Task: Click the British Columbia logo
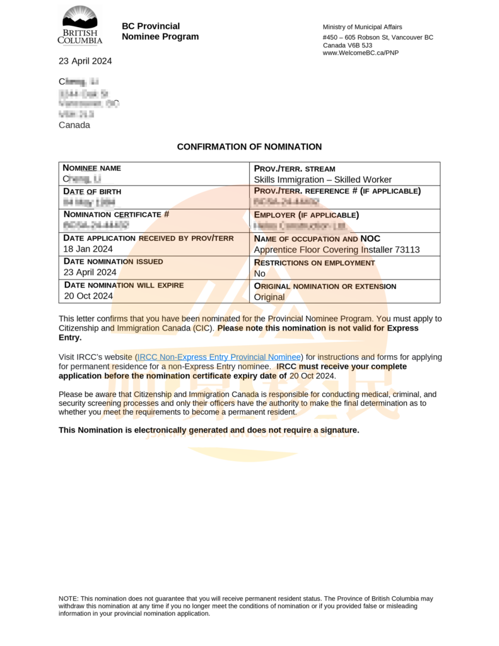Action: [x=80, y=25]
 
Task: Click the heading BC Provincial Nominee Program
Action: [x=160, y=32]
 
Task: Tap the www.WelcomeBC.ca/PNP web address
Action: [x=360, y=53]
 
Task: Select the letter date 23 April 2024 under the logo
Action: [x=85, y=61]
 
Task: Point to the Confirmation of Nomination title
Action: [x=249, y=147]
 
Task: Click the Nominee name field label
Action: [x=92, y=168]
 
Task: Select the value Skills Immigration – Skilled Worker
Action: [x=322, y=180]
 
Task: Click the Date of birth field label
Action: [x=92, y=191]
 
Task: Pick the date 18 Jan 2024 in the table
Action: [x=88, y=249]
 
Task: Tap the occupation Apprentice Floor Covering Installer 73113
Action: [x=336, y=250]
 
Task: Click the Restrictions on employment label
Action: [x=314, y=262]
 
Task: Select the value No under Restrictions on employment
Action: [x=259, y=274]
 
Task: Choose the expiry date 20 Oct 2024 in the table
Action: [x=88, y=296]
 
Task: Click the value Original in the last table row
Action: [x=269, y=297]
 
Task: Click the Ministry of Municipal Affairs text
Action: [x=361, y=27]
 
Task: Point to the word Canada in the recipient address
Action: [x=74, y=125]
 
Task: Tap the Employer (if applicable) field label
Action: [x=306, y=214]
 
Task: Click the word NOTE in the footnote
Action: [x=68, y=598]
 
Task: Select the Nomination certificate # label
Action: [x=116, y=214]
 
